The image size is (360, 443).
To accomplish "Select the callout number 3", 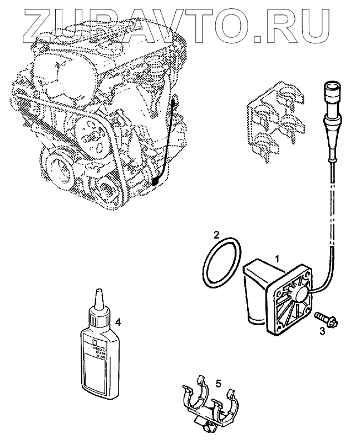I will [x=322, y=331].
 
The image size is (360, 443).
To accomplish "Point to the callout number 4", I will [x=117, y=322].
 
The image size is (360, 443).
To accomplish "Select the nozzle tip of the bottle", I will [x=98, y=295].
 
